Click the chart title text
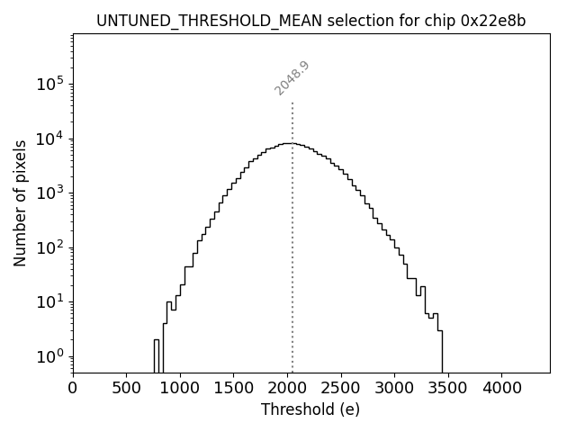(311, 21)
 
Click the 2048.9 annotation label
(292, 78)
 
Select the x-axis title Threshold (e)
(310, 409)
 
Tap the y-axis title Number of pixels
(20, 203)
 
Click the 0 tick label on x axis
(73, 388)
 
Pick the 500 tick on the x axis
(127, 388)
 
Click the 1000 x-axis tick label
(180, 388)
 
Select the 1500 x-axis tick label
(234, 388)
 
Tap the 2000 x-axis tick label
(288, 388)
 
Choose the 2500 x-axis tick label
(341, 388)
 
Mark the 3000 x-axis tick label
(395, 388)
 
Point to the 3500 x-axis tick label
(448, 388)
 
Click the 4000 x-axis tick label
(502, 388)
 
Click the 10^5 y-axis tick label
(50, 84)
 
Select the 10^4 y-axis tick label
(50, 139)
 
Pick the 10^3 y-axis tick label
(50, 193)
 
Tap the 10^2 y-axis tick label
(50, 247)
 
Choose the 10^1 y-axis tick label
(50, 301)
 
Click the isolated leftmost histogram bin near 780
(157, 355)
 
